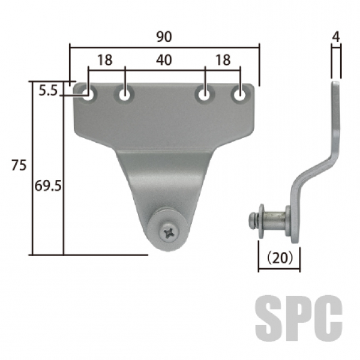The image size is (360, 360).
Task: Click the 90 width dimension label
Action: pos(164,37)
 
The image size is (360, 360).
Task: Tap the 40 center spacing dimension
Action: pos(164,60)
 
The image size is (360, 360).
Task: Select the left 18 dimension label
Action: pos(105,60)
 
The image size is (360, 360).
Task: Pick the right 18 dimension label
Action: pos(223,60)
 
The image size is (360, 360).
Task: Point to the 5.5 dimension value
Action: pos(48,91)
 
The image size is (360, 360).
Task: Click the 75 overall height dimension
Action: pos(19,166)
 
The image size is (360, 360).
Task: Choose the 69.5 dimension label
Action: pos(48,186)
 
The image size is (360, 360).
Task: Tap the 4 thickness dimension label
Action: pos(336,37)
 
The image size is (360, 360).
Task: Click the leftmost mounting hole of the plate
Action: pos(89,95)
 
